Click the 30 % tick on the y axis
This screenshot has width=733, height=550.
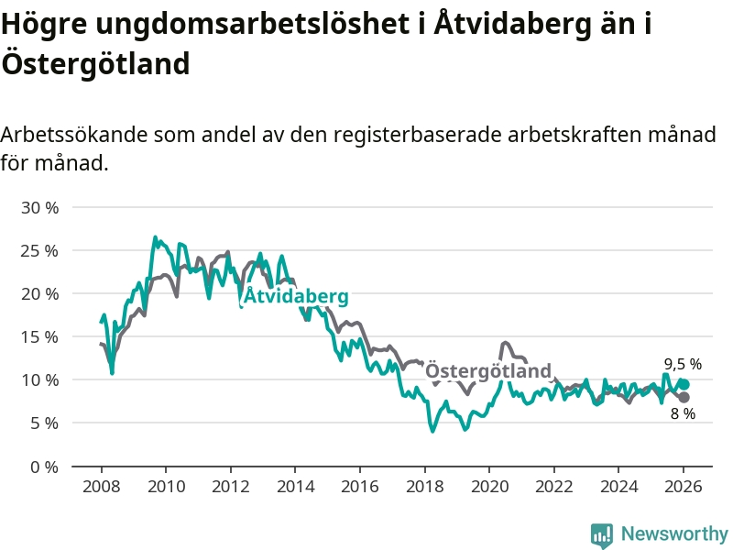click(39, 208)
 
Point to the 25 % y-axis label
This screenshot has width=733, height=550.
click(39, 251)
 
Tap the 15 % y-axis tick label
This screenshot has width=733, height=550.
click(39, 337)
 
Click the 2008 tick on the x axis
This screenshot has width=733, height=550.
click(101, 487)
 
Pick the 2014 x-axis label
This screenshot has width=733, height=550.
click(295, 487)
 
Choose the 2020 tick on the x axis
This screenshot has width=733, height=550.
click(489, 487)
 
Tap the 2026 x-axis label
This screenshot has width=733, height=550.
click(684, 487)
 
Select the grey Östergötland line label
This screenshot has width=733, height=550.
click(488, 371)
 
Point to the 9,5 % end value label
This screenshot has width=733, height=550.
click(683, 364)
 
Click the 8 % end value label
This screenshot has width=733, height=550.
click(683, 413)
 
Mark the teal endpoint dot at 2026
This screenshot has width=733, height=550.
click(684, 384)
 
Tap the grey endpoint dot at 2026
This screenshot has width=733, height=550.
click(684, 397)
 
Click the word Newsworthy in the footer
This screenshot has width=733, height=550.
click(674, 533)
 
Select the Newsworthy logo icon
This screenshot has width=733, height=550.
click(602, 534)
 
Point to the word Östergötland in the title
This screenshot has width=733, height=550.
click(95, 64)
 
